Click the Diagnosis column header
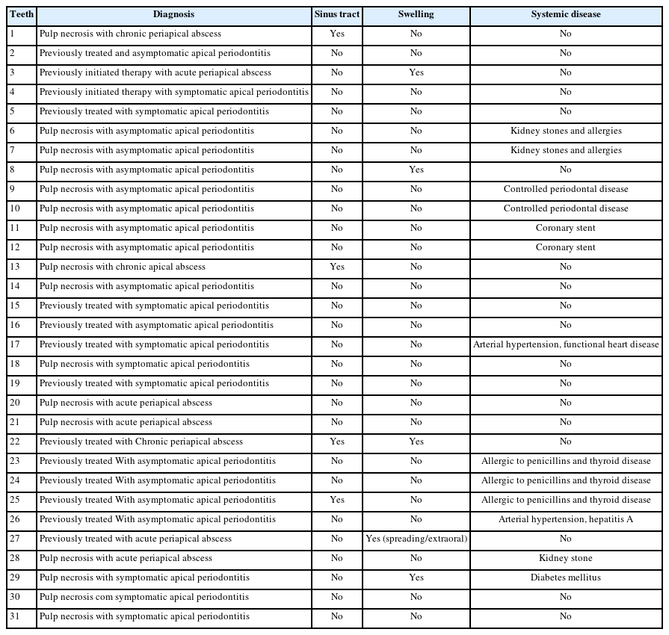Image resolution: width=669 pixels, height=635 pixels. tap(173, 14)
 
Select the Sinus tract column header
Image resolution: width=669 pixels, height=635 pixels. tap(337, 14)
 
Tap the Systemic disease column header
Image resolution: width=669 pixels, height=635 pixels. tap(565, 14)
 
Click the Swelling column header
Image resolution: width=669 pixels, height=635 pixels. tap(416, 14)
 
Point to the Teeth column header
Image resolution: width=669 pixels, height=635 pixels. tap(21, 14)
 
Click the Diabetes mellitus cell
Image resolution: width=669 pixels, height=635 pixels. tap(565, 577)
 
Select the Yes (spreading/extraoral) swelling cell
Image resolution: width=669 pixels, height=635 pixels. tap(416, 539)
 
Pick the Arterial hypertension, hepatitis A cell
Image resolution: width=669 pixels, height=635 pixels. tap(565, 519)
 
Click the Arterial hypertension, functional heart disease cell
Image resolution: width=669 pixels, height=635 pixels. tap(565, 344)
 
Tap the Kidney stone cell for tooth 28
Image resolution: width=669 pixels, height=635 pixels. tap(565, 558)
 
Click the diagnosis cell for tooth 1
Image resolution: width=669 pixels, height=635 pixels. tap(130, 34)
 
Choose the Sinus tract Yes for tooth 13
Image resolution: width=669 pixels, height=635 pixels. tap(337, 267)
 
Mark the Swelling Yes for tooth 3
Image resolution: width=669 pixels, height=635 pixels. tap(416, 72)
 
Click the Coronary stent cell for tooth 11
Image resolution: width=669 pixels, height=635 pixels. tap(565, 228)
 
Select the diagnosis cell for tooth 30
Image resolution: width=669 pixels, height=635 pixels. tap(144, 597)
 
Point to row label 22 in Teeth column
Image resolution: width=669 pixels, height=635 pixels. tap(15, 442)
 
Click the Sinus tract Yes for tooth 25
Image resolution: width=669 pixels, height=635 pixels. tap(337, 500)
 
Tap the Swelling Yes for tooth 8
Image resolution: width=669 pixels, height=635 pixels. tap(416, 170)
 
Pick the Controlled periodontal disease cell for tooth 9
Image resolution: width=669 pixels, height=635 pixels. tap(565, 189)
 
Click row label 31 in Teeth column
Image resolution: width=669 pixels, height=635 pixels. tap(15, 616)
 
